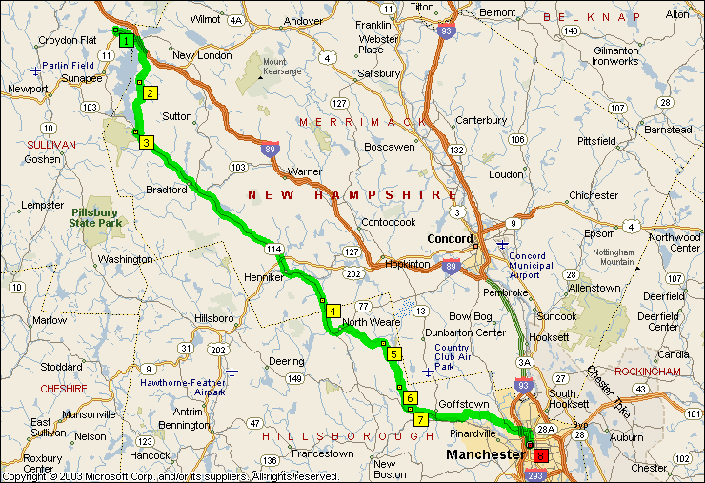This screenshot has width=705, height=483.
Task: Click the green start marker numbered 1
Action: click(x=126, y=40)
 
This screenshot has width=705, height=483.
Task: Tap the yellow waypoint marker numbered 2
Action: click(x=150, y=92)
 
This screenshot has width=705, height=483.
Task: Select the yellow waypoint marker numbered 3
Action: click(x=146, y=143)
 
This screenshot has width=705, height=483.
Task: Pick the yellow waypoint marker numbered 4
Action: click(x=332, y=311)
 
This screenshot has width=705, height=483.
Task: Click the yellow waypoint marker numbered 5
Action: click(x=393, y=353)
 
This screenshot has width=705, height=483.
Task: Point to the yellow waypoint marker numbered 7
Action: click(x=420, y=419)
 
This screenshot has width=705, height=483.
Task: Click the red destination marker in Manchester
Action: click(x=541, y=455)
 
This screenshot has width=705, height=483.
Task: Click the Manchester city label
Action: click(x=485, y=454)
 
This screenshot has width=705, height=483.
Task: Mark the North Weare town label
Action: click(x=368, y=322)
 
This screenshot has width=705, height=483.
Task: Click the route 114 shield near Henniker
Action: click(x=274, y=249)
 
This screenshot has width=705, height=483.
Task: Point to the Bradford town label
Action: click(x=166, y=189)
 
